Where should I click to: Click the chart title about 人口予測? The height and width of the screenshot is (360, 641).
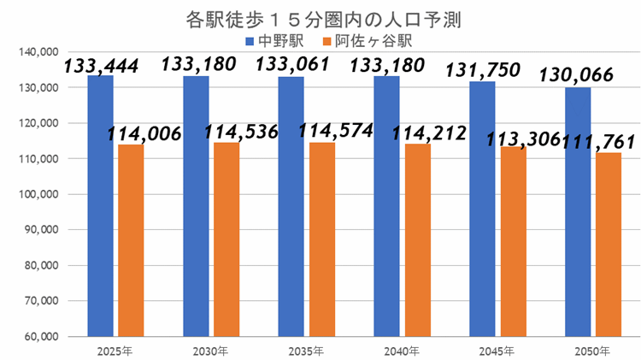tap(320, 19)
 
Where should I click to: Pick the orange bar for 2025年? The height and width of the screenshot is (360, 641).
tap(131, 239)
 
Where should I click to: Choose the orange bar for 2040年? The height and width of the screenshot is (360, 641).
tap(418, 239)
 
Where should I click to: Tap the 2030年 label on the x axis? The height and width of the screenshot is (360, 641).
tap(210, 351)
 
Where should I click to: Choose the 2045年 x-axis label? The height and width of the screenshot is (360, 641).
tap(497, 351)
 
